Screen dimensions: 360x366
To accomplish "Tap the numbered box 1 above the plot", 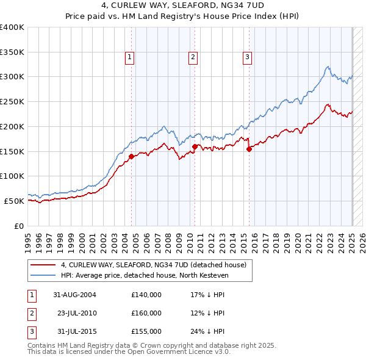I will point(131,58).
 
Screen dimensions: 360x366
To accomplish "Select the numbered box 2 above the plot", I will point(193,58).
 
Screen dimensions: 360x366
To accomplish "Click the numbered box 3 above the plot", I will point(248,58).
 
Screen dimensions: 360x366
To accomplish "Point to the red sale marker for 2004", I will point(131,156).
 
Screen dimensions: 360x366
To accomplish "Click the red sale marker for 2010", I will point(195,146).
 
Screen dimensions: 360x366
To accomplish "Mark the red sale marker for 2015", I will point(249,149).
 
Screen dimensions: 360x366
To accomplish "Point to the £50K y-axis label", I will point(15,201).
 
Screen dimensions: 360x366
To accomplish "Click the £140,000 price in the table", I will point(146,295).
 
